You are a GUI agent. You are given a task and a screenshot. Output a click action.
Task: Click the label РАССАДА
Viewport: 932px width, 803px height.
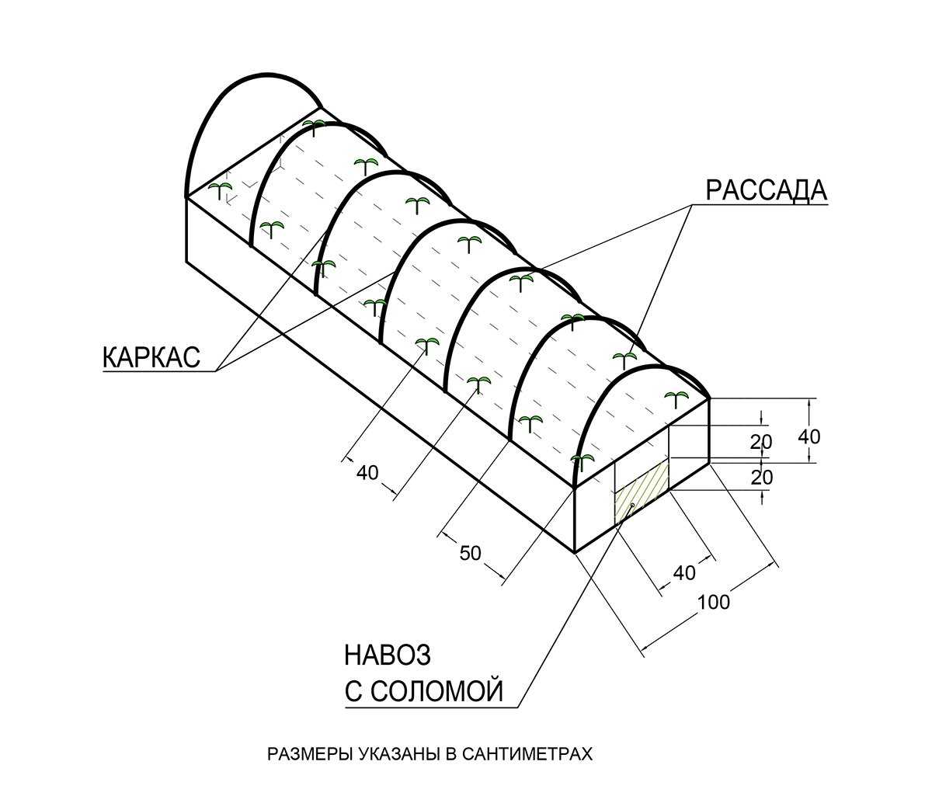click(766, 189)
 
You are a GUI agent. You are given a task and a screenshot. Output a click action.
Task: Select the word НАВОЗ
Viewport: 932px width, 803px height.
click(387, 655)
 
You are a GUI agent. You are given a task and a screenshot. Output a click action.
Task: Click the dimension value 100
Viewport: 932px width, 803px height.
click(713, 601)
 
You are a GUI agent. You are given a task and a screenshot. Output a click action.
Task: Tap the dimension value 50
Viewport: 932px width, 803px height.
click(471, 553)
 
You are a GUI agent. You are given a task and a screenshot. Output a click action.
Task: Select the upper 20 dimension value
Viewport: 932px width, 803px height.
click(761, 442)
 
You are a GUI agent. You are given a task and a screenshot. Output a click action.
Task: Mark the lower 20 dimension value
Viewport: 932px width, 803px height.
click(761, 477)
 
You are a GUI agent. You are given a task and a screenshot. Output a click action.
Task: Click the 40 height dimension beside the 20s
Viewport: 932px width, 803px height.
click(809, 436)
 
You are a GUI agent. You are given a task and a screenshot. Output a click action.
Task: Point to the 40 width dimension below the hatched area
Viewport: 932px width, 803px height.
click(684, 573)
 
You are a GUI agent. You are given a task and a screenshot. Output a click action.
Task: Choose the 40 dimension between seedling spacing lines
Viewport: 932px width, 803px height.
click(367, 471)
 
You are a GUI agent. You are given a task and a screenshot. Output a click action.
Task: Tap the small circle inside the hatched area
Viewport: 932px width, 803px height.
click(632, 506)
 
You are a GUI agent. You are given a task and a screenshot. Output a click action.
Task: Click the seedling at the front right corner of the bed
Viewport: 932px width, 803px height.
click(677, 398)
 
